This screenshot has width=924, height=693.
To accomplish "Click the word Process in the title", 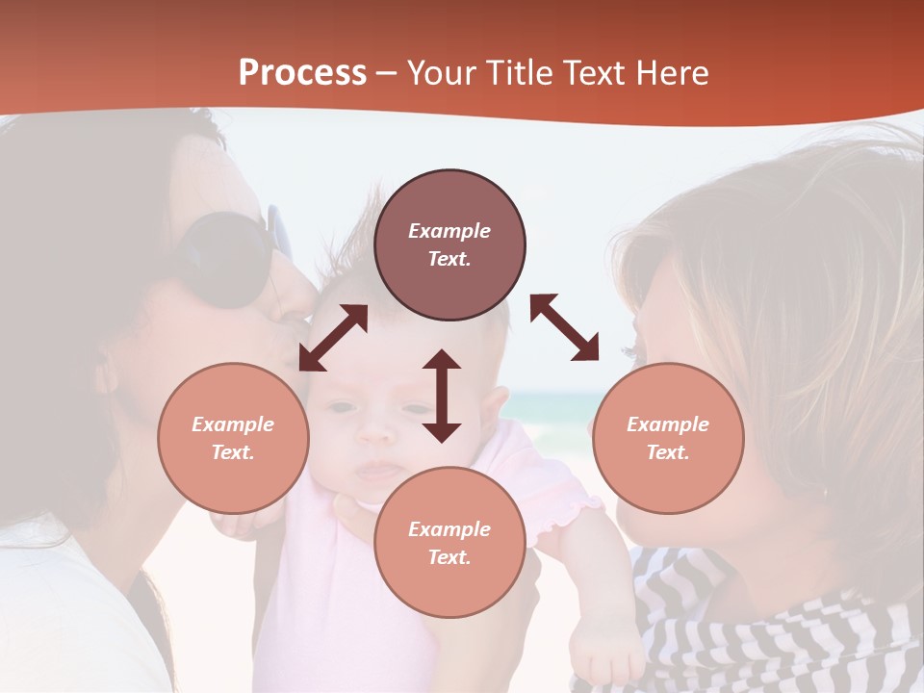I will coord(302,73).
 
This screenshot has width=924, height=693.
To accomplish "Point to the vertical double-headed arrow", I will coord(442,396).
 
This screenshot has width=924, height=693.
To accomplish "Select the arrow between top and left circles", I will coord(333,338).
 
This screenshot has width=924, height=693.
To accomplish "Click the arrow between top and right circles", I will coord(564,327).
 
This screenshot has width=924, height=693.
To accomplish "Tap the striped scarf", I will coord(770,626).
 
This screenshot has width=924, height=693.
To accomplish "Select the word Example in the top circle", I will coord(449,231).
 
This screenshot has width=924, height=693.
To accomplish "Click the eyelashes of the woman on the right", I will coord(630,351).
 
